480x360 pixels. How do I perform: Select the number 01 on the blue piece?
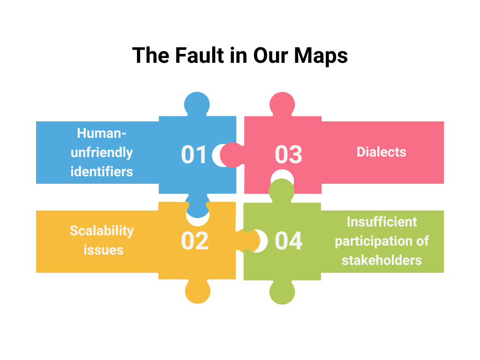pyautogui.click(x=194, y=155)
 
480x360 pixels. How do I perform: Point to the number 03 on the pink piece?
pyautogui.click(x=288, y=155)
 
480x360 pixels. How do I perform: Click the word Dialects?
pyautogui.click(x=381, y=152)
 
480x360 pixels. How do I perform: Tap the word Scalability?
pyautogui.click(x=102, y=231)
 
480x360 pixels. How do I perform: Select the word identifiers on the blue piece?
pyautogui.click(x=102, y=172)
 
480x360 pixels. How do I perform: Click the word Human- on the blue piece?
pyautogui.click(x=102, y=133)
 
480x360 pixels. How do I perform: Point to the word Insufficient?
pyautogui.click(x=382, y=221)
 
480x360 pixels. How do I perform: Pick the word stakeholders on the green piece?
pyautogui.click(x=382, y=260)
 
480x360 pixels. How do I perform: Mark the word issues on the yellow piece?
pyautogui.click(x=104, y=250)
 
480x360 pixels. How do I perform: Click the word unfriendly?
pyautogui.click(x=102, y=152)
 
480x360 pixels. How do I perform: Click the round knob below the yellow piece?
pyautogui.click(x=197, y=292)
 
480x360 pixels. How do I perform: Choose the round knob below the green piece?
pyautogui.click(x=282, y=292)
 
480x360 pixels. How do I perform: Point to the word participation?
pyautogui.click(x=382, y=240)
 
